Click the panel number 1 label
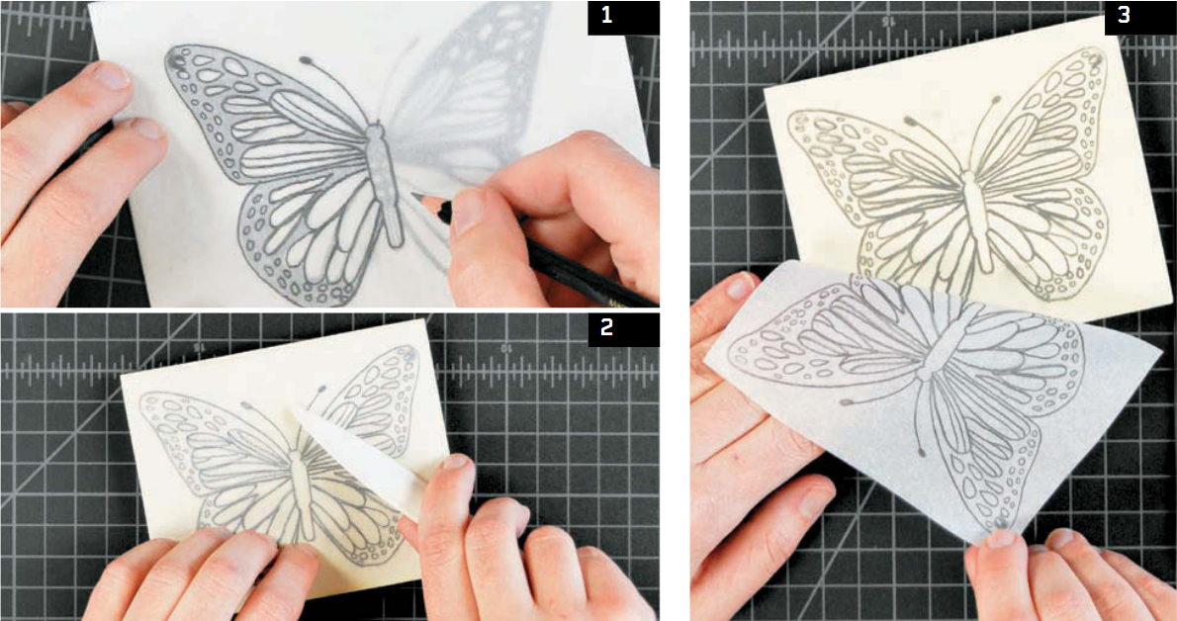pyautogui.click(x=607, y=17)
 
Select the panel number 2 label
pyautogui.click(x=607, y=329)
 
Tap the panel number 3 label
pyautogui.click(x=1124, y=17)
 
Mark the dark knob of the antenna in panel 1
pyautogui.click(x=306, y=59)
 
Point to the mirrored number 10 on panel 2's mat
pyautogui.click(x=506, y=348)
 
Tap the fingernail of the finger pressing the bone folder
pyautogui.click(x=456, y=463)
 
